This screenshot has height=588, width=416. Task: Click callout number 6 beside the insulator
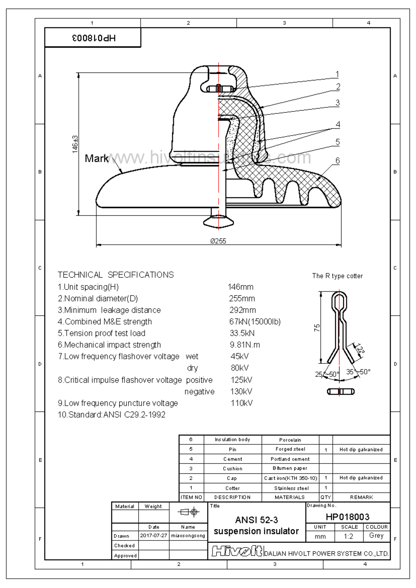coord(337,161)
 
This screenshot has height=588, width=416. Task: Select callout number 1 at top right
coord(337,74)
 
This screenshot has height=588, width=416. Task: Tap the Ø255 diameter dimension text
coord(218,241)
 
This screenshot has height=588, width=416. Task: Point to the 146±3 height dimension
coord(75,144)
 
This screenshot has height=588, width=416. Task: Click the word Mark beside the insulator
coord(96,158)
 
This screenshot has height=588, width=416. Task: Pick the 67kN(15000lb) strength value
coord(255,321)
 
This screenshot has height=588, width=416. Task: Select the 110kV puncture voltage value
coord(242,403)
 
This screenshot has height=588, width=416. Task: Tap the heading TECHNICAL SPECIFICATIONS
coord(116,275)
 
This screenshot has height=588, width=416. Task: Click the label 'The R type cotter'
coord(337,276)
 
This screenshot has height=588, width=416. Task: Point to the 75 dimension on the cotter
coord(317,328)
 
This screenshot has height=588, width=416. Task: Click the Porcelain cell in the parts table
coord(290,440)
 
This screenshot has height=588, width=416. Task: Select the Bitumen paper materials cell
coord(290,468)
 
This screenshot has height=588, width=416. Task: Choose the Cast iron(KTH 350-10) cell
coord(290,478)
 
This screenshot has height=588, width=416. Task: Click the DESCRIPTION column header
coord(232,497)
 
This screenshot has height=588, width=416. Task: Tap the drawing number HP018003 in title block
coord(347,517)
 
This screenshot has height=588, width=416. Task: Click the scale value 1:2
coord(348,536)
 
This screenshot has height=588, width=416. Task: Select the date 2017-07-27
coord(154,536)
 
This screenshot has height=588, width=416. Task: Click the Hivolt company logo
coord(237,551)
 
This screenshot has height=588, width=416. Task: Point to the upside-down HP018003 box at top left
coord(93,38)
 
